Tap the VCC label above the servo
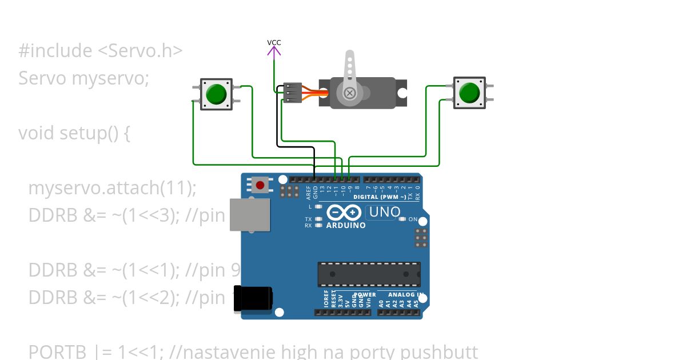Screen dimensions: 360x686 point(274,42)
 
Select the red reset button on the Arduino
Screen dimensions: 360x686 point(261,185)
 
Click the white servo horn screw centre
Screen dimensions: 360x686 point(349,93)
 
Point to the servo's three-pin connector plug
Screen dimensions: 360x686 point(292,93)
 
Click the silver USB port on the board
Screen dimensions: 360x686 point(249,214)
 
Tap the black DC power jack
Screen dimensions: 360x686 point(253,299)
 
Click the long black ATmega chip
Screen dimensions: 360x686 point(369,274)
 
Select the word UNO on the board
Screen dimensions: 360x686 point(385,212)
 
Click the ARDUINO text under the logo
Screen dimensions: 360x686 point(346,225)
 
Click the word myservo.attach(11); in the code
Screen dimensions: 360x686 point(112,187)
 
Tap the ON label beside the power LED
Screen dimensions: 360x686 point(413,219)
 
